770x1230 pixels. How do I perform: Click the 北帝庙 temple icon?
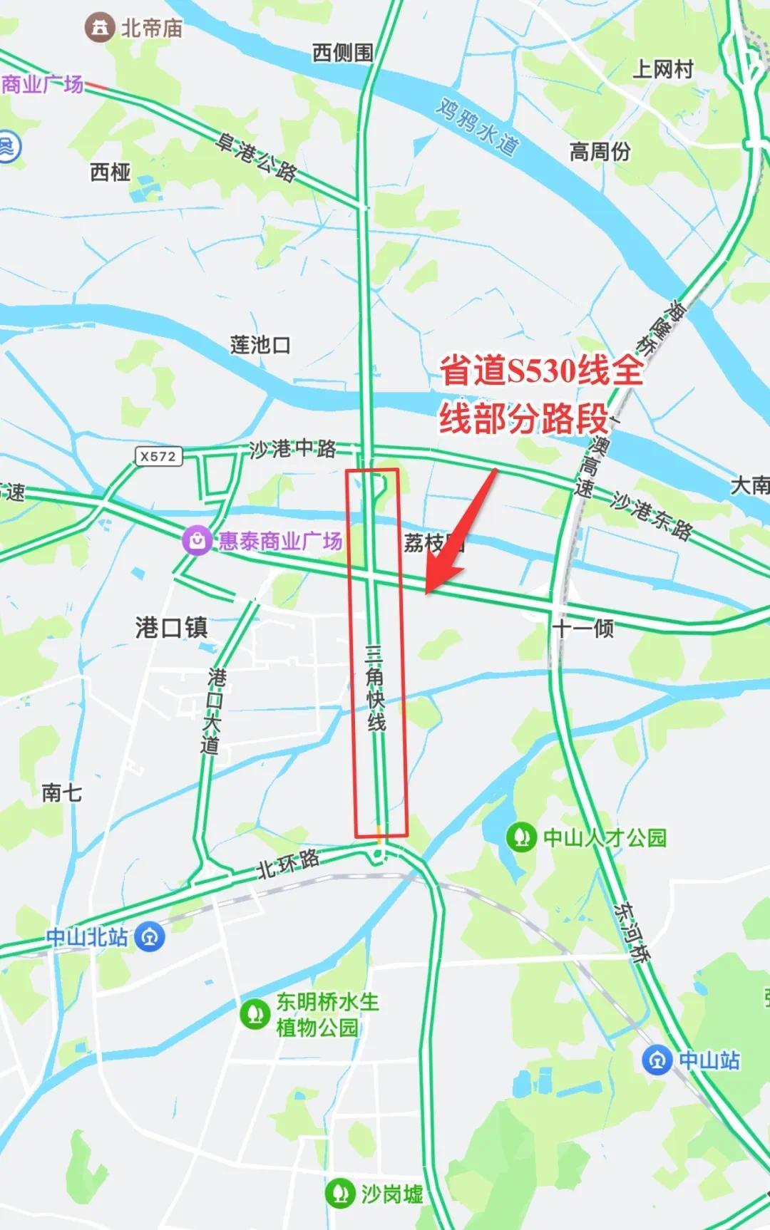(99, 28)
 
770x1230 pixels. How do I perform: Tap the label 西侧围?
(342, 52)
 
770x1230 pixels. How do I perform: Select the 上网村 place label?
(663, 69)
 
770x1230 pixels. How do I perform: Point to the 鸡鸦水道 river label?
(476, 127)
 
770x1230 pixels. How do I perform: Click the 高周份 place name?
(600, 151)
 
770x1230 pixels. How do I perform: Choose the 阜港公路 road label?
(257, 158)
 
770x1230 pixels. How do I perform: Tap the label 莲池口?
(260, 345)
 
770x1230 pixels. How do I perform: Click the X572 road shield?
(158, 456)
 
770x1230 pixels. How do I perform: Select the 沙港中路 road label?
(292, 449)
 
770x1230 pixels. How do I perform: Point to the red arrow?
(460, 531)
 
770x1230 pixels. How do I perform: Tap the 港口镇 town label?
(171, 627)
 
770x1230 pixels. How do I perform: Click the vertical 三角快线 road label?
(375, 688)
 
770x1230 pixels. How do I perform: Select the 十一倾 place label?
(582, 628)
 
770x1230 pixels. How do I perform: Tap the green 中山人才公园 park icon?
(521, 837)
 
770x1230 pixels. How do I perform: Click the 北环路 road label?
(288, 864)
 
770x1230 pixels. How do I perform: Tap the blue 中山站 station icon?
(657, 1060)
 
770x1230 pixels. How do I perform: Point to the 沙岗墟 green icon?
(340, 1193)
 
